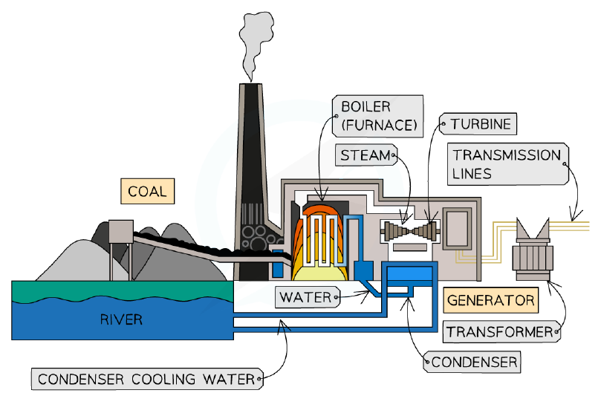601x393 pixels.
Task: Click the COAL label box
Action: coord(148,191)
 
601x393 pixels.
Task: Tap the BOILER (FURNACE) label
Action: coord(378,116)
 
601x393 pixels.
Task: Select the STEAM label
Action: coord(366,155)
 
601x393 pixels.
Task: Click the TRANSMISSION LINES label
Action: coord(508,164)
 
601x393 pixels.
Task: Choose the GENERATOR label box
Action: coord(490,300)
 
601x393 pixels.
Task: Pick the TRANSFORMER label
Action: coord(501,331)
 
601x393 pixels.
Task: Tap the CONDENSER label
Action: coord(472,362)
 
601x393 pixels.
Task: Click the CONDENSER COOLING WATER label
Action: coord(148,379)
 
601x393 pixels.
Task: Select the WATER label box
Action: coord(308,297)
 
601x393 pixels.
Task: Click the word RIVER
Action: coord(121,319)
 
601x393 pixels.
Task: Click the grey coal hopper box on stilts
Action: coord(121,232)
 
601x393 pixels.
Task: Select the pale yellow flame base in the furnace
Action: coord(319,272)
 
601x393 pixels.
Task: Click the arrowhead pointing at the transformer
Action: coord(552,285)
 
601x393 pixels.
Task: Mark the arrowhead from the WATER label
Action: coord(366,294)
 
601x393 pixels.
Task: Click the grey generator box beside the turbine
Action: coord(458,229)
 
